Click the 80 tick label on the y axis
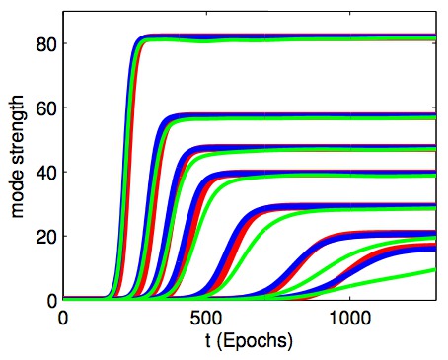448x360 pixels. (44, 43)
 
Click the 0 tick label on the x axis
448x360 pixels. (63, 318)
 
